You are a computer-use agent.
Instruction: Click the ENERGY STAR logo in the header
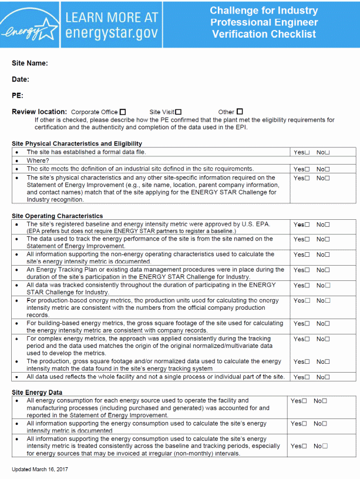tap(29, 25)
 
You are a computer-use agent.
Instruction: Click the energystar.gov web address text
tap(111, 32)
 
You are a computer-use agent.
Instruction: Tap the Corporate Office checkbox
tap(123, 112)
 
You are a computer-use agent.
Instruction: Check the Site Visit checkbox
tap(179, 112)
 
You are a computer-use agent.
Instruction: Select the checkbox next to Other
tap(240, 112)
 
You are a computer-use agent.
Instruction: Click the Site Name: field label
tap(29, 63)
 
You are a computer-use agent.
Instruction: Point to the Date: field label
tap(21, 79)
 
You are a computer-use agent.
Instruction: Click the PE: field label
tap(18, 95)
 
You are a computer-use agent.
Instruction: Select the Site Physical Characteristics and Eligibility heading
tap(77, 143)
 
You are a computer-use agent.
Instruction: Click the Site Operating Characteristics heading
tap(57, 216)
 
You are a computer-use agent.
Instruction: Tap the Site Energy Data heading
tap(36, 392)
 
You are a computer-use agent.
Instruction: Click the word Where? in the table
tap(38, 160)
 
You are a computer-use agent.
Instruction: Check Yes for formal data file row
tap(307, 153)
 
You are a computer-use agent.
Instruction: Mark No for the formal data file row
tap(328, 153)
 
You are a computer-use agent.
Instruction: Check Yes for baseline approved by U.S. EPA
tap(307, 225)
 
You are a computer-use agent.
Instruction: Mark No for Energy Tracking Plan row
tap(328, 270)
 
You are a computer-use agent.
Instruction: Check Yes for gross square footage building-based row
tap(307, 324)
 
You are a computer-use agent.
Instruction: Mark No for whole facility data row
tap(328, 377)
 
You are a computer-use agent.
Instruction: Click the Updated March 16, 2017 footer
tap(39, 469)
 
